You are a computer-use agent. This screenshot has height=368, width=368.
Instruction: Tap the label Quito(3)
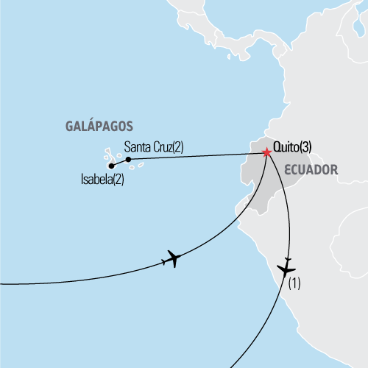[292, 146]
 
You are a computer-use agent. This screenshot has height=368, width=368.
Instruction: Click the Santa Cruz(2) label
[154, 146]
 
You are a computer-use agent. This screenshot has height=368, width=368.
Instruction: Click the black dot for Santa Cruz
[128, 159]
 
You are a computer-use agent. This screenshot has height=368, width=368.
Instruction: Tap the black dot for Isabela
[110, 165]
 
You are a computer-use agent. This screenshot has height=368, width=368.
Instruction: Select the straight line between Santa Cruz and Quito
[199, 156]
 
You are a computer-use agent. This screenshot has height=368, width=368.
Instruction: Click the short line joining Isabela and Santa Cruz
[119, 162]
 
